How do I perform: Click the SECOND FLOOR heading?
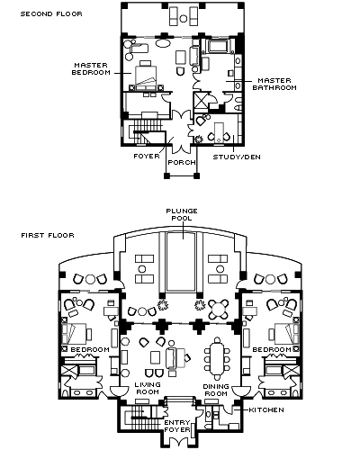click(x=51, y=13)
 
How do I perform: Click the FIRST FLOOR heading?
click(x=48, y=235)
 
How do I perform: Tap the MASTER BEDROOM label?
click(x=91, y=68)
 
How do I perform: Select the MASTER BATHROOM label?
click(x=274, y=84)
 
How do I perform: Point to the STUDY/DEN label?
click(x=237, y=157)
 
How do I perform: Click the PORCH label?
click(x=182, y=162)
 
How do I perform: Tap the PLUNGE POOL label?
click(x=182, y=214)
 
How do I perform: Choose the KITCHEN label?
click(x=266, y=409)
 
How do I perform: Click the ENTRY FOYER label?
click(x=177, y=426)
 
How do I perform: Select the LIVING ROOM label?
click(x=148, y=388)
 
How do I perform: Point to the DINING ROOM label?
click(x=216, y=390)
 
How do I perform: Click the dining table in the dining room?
click(x=217, y=359)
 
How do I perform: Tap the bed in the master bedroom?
click(x=146, y=77)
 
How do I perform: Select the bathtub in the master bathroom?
click(x=219, y=47)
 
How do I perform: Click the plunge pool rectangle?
click(x=181, y=262)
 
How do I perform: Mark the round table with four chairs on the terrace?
click(x=219, y=309)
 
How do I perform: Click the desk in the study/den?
click(x=219, y=132)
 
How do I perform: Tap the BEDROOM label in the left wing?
click(x=90, y=350)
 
